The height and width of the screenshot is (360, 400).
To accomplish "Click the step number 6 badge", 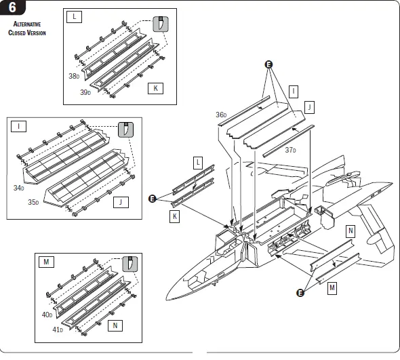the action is click(12, 7).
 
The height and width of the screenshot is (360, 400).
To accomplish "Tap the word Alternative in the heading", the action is click(27, 24).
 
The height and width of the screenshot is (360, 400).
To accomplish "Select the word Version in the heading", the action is click(37, 33).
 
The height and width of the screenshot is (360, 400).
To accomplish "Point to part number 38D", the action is click(74, 76).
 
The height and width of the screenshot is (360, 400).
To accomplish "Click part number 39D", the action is click(85, 92).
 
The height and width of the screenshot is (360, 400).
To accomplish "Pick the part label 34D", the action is click(18, 188).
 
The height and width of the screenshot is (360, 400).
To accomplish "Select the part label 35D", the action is click(33, 202).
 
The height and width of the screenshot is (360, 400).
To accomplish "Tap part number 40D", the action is click(47, 315).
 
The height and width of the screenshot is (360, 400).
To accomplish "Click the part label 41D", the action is click(58, 330).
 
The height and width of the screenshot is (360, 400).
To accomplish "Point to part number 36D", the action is click(221, 115).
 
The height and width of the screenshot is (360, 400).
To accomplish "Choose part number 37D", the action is click(290, 150).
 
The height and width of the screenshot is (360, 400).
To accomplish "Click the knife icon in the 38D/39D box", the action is click(161, 24).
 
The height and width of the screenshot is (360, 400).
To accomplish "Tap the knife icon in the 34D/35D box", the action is click(126, 129).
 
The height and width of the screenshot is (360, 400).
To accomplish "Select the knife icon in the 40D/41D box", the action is click(130, 264).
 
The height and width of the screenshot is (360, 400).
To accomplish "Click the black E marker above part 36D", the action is click(268, 64).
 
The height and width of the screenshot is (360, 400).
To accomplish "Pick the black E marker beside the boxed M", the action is click(300, 293).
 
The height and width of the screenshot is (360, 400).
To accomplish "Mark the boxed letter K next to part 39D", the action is click(156, 88).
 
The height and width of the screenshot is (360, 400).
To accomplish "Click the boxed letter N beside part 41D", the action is click(115, 325).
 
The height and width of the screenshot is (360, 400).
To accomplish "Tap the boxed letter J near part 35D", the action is click(121, 202).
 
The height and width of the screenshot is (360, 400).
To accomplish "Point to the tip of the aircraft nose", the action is click(166, 299).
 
